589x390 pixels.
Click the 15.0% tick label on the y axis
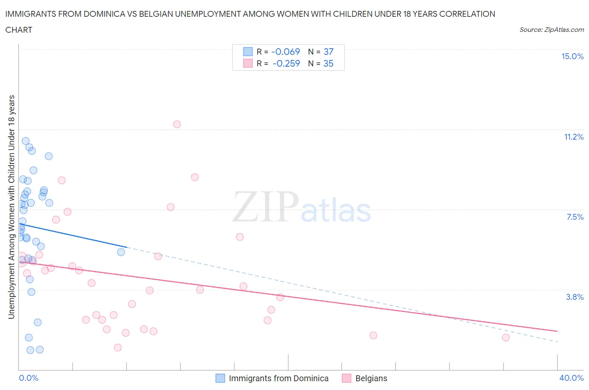pyautogui.click(x=572, y=56)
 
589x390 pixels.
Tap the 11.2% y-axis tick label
pyautogui.click(x=573, y=137)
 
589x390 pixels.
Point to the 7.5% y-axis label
pyautogui.click(x=575, y=217)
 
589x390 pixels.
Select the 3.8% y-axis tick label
pyautogui.click(x=575, y=297)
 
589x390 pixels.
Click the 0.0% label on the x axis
pyautogui.click(x=28, y=378)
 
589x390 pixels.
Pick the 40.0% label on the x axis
pyautogui.click(x=571, y=378)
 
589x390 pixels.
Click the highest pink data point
pyautogui.click(x=177, y=124)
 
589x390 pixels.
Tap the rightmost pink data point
pyautogui.click(x=506, y=338)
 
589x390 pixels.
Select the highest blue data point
pyautogui.click(x=26, y=141)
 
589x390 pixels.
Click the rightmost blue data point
pyautogui.click(x=121, y=252)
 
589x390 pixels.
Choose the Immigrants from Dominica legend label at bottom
pyautogui.click(x=279, y=378)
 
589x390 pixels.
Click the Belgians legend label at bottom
pyautogui.click(x=371, y=378)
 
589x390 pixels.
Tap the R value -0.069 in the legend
pyautogui.click(x=286, y=52)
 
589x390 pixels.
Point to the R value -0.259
pyautogui.click(x=286, y=63)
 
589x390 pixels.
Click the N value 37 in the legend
pyautogui.click(x=328, y=52)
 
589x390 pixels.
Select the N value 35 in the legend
pyautogui.click(x=328, y=63)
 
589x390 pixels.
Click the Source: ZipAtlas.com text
pyautogui.click(x=551, y=30)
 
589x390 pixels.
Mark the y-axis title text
pyautogui.click(x=11, y=207)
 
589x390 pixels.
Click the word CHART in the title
pyautogui.click(x=19, y=30)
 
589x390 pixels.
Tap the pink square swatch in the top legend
pyautogui.click(x=248, y=63)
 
